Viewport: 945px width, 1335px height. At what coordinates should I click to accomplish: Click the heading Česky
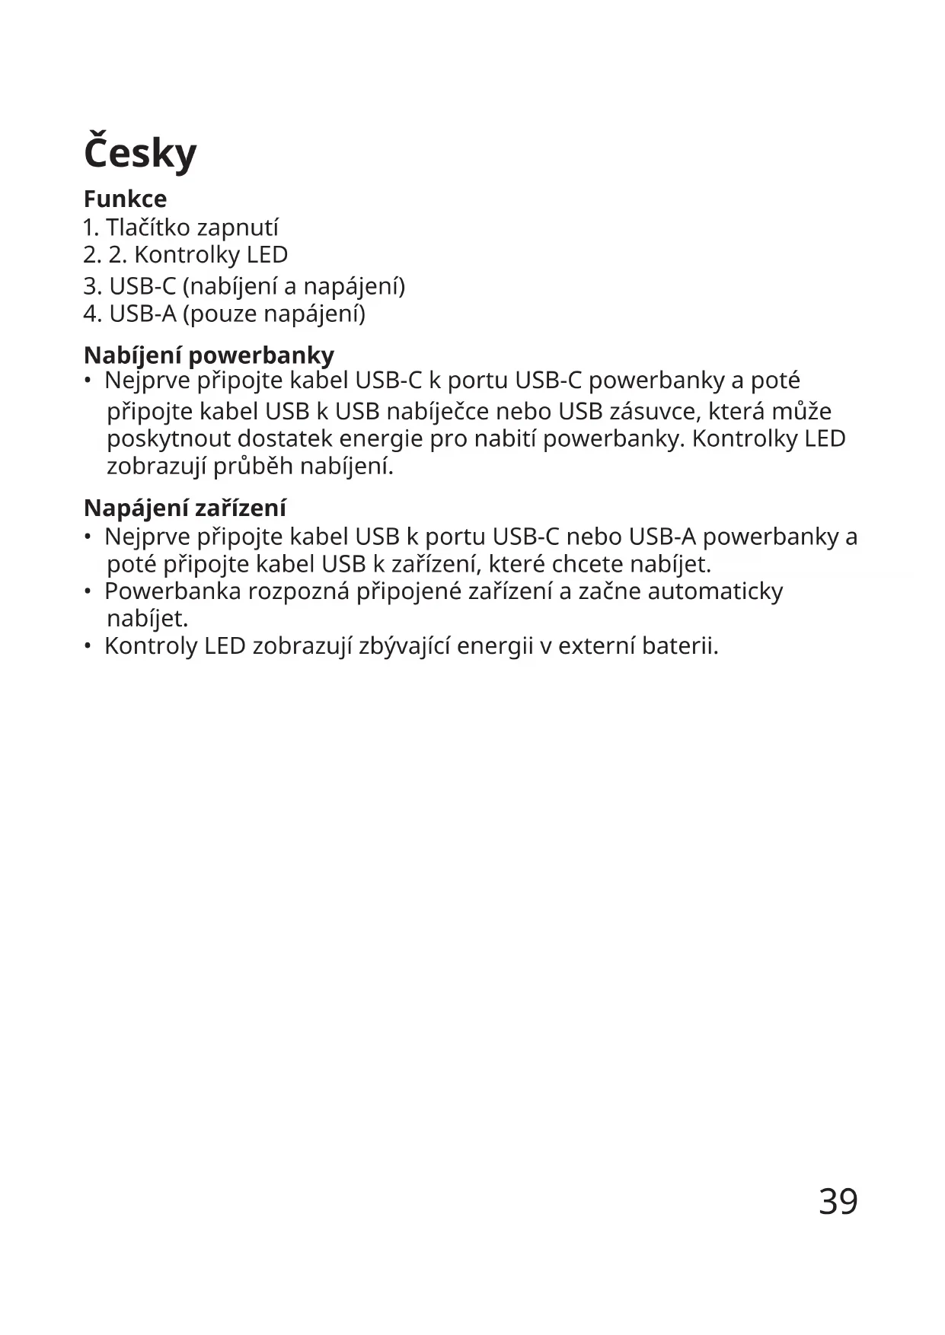point(140,153)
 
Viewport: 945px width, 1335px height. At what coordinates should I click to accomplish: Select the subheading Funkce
point(125,199)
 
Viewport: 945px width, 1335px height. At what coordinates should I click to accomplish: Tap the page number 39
point(838,1202)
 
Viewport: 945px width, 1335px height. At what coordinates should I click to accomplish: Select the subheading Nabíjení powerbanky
point(209,355)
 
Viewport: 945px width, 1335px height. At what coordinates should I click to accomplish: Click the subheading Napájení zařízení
point(185,508)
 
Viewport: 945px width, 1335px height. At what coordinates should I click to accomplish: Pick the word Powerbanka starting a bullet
point(173,591)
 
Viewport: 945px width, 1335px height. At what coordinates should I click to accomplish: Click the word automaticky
point(715,591)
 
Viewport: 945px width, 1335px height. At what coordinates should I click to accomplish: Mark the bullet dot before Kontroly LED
point(88,646)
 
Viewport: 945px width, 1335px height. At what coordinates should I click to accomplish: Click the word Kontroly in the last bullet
point(151,646)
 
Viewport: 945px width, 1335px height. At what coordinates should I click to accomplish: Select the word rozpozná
point(299,591)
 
